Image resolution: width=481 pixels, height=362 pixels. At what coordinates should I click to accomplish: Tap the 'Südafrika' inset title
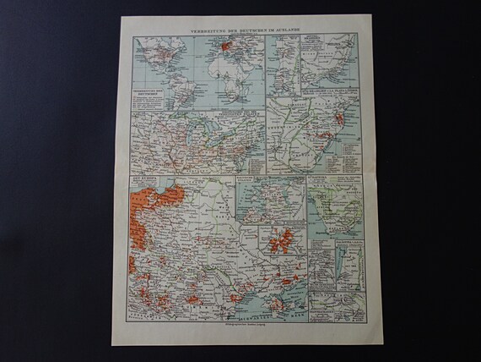(329, 180)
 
